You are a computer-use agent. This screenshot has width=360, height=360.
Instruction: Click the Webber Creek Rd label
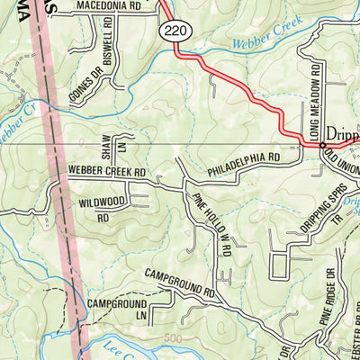[106, 170]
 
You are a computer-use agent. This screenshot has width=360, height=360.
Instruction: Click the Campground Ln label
[117, 310]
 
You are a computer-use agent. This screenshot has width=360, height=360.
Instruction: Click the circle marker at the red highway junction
[322, 143]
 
